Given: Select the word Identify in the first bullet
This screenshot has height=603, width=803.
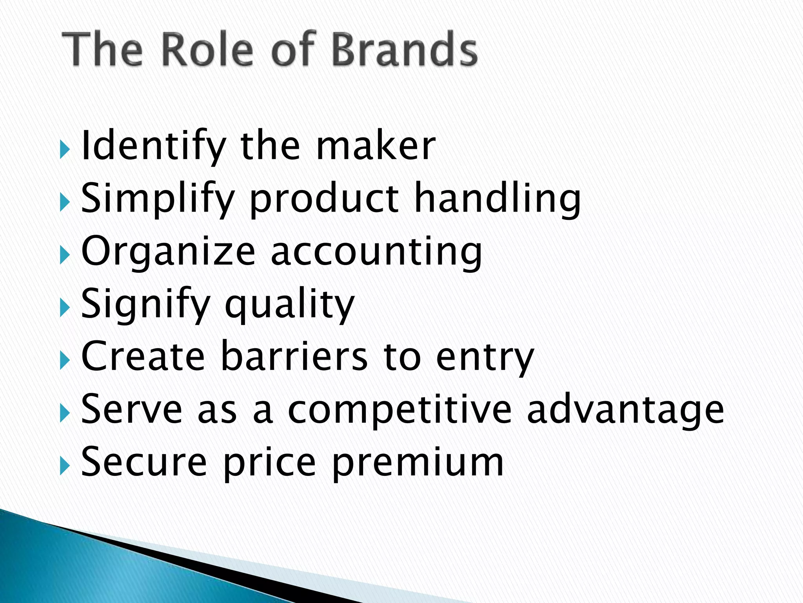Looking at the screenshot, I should tap(153, 146).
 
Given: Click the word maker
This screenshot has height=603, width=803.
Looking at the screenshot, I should tap(376, 146).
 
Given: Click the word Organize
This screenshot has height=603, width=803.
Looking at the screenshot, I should tap(168, 252).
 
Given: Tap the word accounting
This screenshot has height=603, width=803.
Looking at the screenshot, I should tap(376, 252).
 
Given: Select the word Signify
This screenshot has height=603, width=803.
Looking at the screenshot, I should tap(145, 305).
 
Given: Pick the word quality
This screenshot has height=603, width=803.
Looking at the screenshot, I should tap(290, 305).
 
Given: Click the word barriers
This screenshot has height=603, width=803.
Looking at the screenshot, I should tap(294, 356).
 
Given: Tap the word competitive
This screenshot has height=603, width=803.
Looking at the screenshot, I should tap(400, 410).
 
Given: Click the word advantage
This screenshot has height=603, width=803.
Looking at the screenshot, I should tap(625, 410).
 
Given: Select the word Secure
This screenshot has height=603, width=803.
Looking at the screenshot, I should tap(144, 462).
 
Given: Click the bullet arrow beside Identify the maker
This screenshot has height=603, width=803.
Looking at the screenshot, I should tap(65, 150).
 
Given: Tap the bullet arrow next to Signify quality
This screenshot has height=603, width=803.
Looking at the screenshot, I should tap(65, 308).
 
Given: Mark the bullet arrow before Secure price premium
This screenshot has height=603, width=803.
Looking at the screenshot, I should tap(65, 466).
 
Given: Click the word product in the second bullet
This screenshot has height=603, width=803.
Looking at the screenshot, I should tap(324, 199).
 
